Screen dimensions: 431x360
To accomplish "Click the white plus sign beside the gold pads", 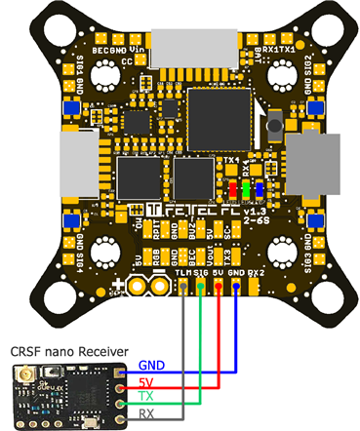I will (x=120, y=286).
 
